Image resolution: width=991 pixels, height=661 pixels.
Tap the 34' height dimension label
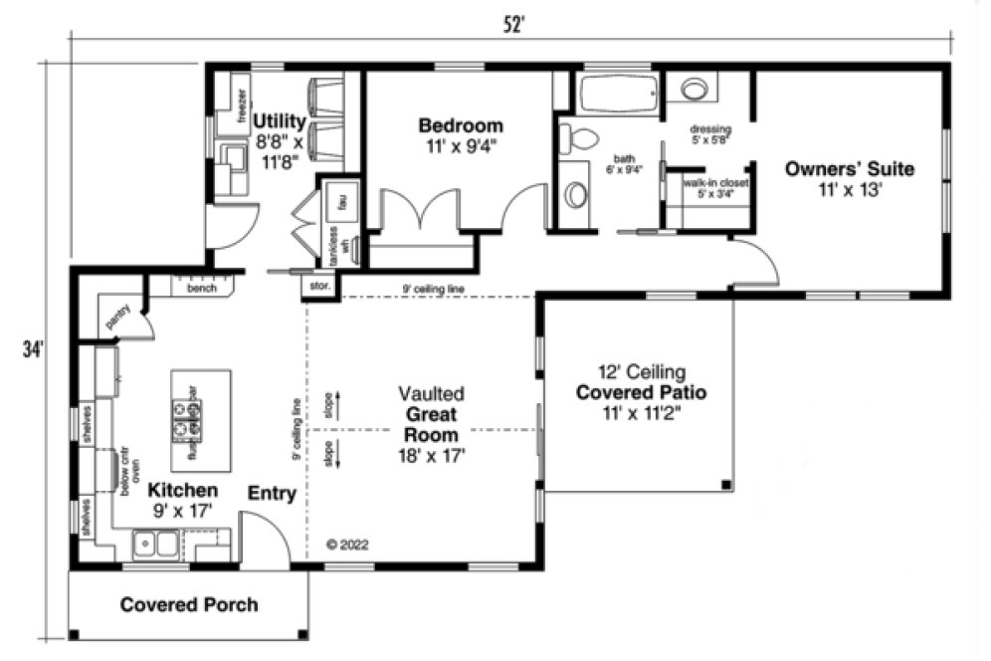tap(33, 349)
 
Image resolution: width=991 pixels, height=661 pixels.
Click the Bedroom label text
tap(460, 126)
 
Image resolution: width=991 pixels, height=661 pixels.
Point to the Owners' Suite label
tap(849, 168)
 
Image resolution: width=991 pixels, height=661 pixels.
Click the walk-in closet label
tap(714, 183)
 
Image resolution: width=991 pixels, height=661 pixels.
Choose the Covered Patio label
tap(641, 392)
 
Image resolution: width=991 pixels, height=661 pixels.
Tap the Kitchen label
tap(182, 491)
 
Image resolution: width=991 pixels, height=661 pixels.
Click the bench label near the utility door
tap(202, 289)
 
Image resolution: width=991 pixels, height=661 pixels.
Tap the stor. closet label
tap(320, 286)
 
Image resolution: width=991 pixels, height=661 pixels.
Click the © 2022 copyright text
tap(347, 545)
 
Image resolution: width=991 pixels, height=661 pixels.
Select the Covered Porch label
tap(188, 604)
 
